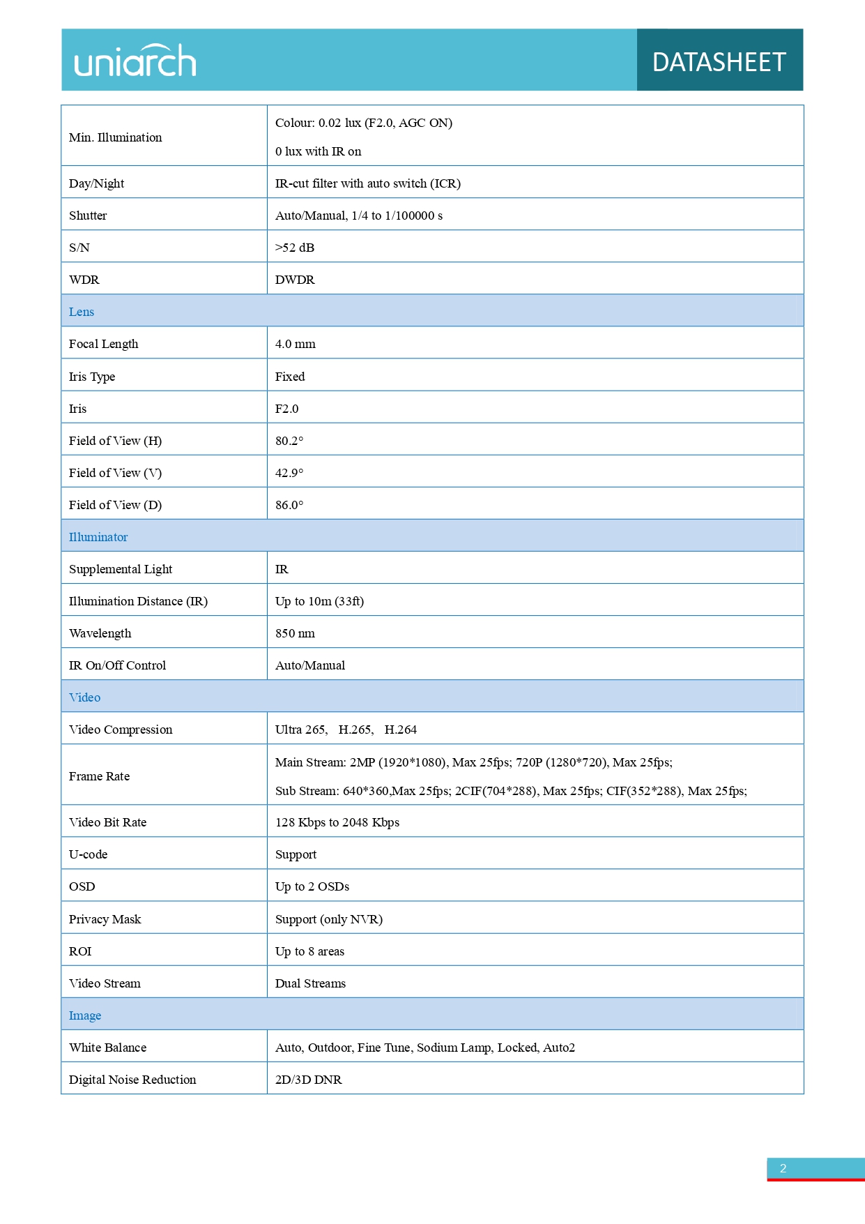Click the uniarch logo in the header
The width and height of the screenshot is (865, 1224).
135,61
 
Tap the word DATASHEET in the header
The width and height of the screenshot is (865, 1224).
719,62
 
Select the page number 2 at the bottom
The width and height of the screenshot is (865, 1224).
783,1168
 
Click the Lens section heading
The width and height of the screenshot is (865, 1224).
82,312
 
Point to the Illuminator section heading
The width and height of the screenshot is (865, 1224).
98,537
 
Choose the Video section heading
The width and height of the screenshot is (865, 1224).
84,697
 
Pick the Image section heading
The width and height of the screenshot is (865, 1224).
85,1015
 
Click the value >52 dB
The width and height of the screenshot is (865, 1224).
295,248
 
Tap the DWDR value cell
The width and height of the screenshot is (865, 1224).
295,280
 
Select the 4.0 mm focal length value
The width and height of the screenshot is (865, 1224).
296,344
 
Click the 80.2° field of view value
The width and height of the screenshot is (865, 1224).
289,441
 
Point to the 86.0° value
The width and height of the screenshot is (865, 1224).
289,505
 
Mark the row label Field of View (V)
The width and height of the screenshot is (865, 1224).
115,473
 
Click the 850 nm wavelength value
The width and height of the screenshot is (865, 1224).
295,633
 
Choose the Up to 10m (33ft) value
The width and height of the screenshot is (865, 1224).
319,601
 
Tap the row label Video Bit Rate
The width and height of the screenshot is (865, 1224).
107,822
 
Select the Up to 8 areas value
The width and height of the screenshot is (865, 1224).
309,951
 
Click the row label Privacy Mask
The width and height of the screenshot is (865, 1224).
105,919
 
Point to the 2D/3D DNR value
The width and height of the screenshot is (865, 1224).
308,1080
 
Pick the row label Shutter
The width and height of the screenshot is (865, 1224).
88,216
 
